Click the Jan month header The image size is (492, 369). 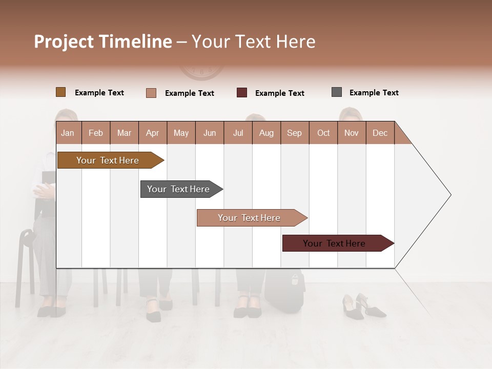(68, 133)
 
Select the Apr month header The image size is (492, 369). (153, 133)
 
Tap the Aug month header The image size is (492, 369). (266, 133)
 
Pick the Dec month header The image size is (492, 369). (380, 133)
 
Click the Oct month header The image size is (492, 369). (323, 133)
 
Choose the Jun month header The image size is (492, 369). (210, 133)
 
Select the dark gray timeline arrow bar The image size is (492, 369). (179, 189)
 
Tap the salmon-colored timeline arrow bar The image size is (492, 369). (250, 218)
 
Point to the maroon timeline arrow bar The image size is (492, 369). (336, 243)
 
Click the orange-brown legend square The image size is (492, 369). (61, 92)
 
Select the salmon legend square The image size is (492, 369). (151, 93)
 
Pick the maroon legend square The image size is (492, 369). (242, 93)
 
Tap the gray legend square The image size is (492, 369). (337, 92)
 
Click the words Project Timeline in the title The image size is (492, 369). (102, 42)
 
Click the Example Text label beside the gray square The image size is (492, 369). (374, 93)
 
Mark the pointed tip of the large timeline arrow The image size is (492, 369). (450, 195)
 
